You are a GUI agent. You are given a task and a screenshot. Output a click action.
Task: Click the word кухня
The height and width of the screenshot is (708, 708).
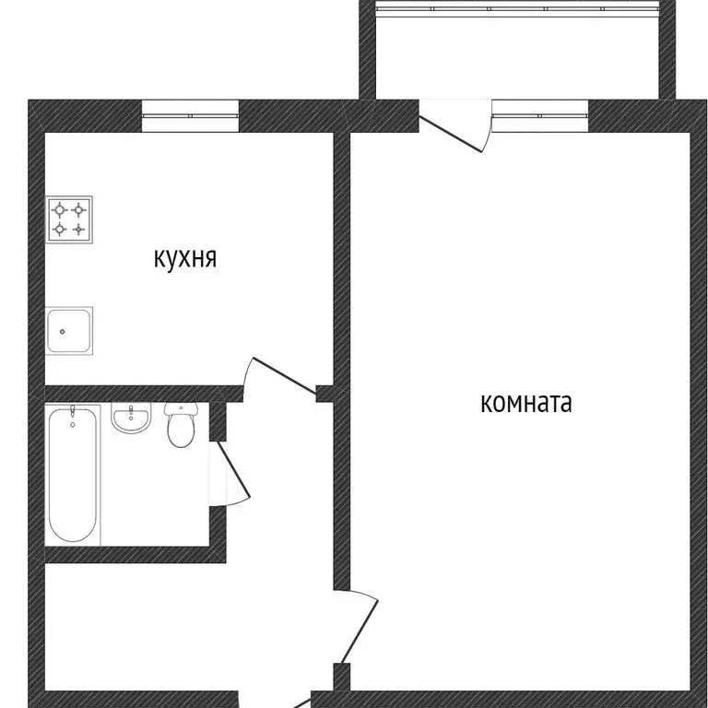coord(185,258)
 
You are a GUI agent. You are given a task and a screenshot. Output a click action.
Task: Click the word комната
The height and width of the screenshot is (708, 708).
coord(525,403)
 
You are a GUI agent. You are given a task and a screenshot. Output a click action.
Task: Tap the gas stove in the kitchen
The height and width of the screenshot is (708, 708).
coord(71,219)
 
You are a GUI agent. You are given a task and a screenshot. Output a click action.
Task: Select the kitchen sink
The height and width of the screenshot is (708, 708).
coord(70,330)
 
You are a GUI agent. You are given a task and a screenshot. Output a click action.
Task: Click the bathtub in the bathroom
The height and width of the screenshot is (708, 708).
coord(71,474)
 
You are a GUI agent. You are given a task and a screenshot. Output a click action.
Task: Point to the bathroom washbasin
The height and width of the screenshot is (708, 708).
coord(132,419)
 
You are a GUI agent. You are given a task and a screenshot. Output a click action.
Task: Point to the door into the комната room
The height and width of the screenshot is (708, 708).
coord(359,627)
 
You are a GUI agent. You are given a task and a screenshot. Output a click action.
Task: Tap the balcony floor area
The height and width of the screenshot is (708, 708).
coord(516,55)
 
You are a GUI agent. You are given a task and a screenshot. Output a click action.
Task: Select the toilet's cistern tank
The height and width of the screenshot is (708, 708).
coord(181,409)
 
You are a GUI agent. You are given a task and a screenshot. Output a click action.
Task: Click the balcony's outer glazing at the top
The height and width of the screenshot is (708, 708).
coord(516,9)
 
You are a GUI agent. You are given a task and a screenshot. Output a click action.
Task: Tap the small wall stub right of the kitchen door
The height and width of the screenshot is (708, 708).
coord(324,394)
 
